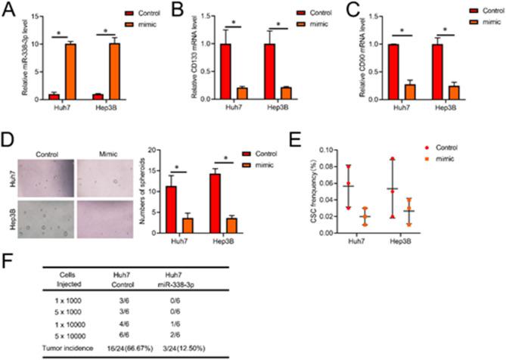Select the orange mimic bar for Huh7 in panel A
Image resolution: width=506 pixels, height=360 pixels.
coord(70,72)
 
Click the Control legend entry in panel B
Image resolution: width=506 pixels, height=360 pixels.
coord(303,13)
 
